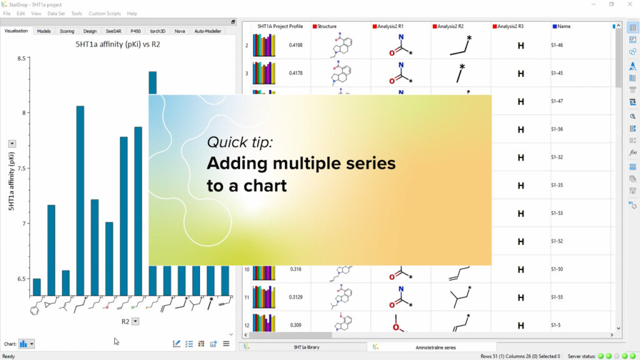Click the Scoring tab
tap(67, 31)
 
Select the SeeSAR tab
tap(114, 31)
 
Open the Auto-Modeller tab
tap(207, 31)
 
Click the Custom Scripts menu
tap(104, 13)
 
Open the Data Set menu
tap(56, 13)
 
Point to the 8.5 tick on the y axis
tap(22, 59)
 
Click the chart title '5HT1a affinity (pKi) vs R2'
tap(118, 44)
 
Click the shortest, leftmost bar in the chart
tap(36, 287)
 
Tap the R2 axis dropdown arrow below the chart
tap(136, 321)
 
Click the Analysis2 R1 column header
tap(390, 26)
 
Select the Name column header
tap(564, 26)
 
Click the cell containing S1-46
tap(557, 46)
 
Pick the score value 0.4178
tap(296, 73)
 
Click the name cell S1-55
tap(557, 297)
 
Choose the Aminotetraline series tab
tap(435, 347)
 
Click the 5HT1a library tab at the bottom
tap(306, 347)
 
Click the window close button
tap(630, 4)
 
